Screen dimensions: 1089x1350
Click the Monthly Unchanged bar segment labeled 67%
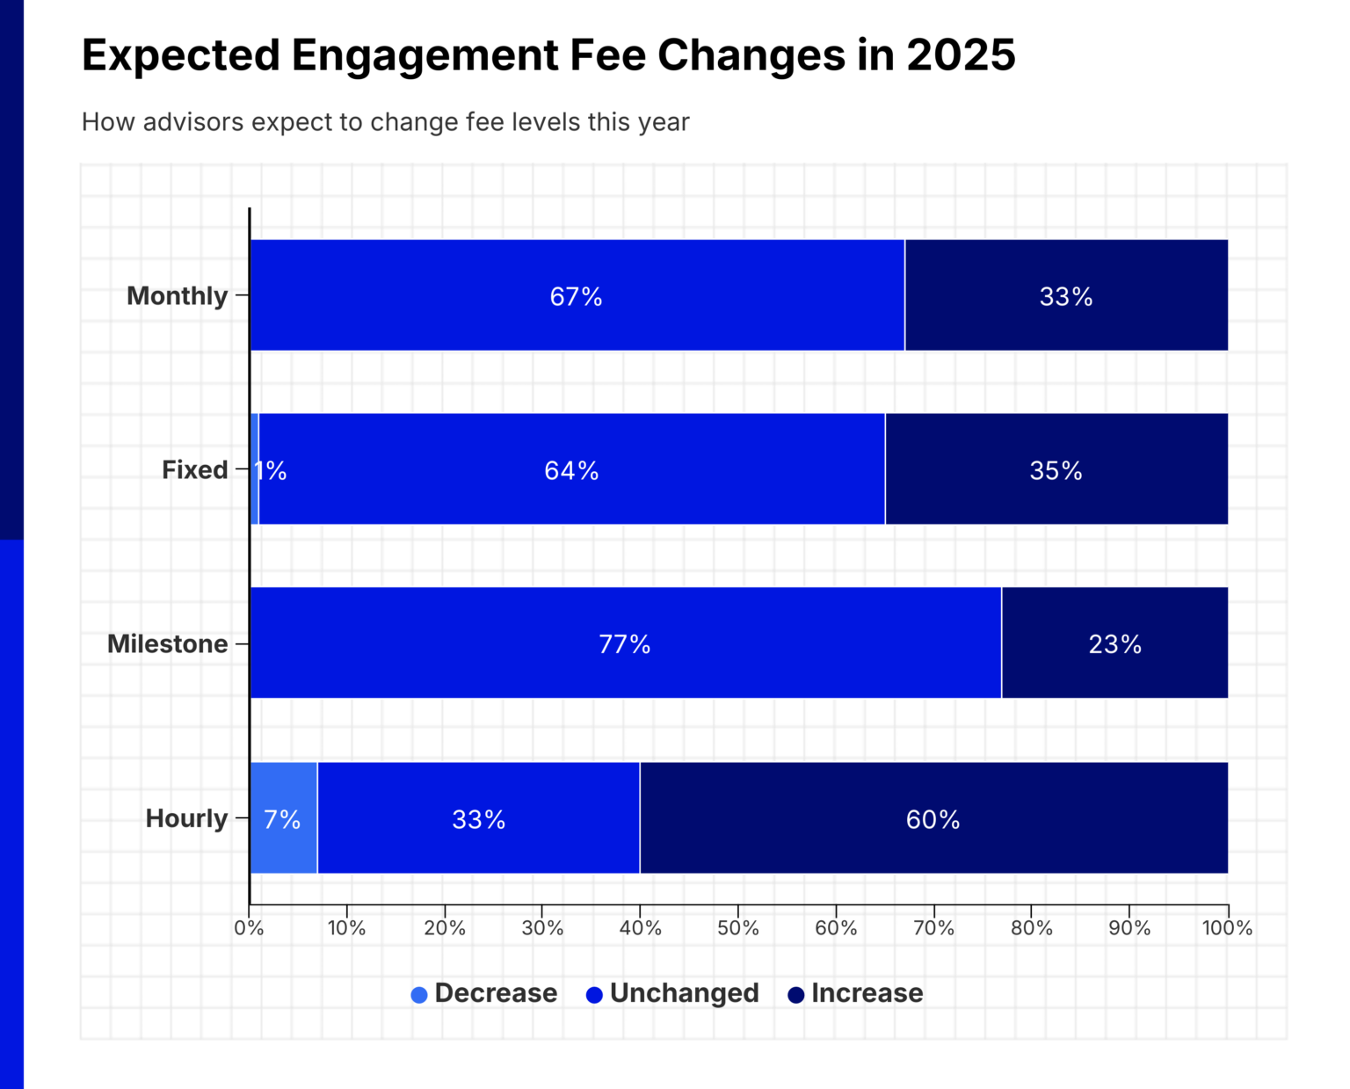[577, 295]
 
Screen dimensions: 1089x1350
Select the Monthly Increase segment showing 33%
[1066, 295]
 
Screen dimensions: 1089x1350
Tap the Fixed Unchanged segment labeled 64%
[571, 469]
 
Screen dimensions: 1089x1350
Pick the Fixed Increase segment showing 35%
[1056, 469]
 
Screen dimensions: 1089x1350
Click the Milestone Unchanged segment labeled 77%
[625, 643]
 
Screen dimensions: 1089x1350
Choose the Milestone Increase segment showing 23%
[1114, 643]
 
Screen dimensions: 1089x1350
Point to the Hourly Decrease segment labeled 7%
[283, 818]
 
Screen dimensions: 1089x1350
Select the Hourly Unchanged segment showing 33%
[478, 818]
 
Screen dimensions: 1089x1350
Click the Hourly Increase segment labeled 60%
[933, 818]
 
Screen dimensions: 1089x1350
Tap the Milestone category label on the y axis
[167, 644]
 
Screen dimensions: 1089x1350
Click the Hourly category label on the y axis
[186, 818]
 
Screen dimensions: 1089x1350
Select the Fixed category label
[194, 470]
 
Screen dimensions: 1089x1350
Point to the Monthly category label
[177, 296]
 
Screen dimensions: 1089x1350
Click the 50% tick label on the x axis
[737, 929]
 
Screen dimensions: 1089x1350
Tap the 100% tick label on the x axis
[1227, 929]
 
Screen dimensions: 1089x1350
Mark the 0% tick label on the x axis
[249, 929]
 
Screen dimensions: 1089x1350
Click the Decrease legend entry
[484, 993]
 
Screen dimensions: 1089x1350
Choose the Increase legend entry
[855, 993]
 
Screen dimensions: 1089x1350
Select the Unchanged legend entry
[672, 993]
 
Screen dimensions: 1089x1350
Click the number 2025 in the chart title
[961, 55]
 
